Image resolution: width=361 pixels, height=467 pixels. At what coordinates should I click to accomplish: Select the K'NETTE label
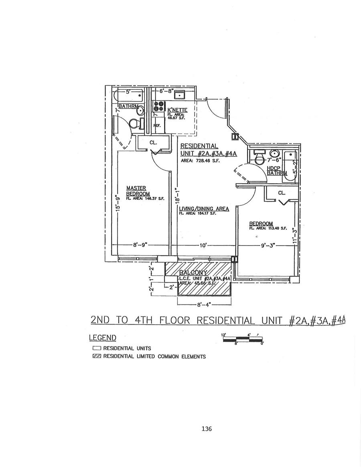click(177, 110)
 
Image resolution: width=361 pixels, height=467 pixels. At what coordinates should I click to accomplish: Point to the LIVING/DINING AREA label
click(204, 209)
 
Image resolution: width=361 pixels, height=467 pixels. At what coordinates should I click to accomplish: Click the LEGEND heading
click(102, 338)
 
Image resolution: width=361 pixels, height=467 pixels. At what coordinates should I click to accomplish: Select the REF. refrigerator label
click(157, 126)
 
